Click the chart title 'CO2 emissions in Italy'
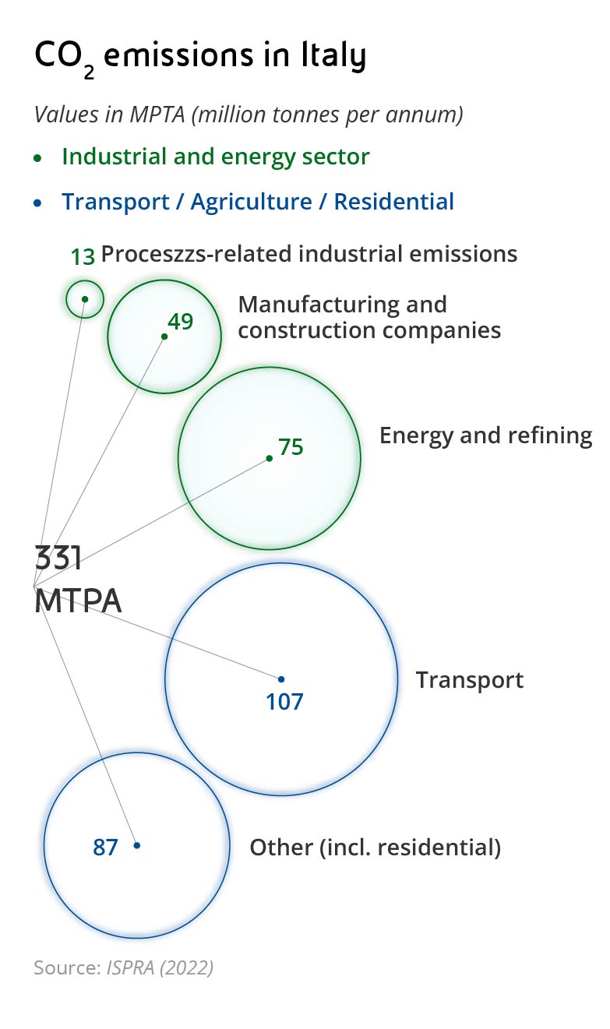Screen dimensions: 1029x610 pyautogui.click(x=199, y=58)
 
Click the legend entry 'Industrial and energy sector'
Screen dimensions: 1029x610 pyautogui.click(x=215, y=157)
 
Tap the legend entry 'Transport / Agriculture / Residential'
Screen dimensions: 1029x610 pyautogui.click(x=257, y=202)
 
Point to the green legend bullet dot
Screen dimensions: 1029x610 pyautogui.click(x=38, y=157)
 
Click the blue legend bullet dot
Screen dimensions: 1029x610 pyautogui.click(x=38, y=203)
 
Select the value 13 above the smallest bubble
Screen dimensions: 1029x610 pyautogui.click(x=82, y=256)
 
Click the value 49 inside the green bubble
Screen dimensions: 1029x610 pyautogui.click(x=180, y=321)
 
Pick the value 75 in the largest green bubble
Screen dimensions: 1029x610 pyautogui.click(x=291, y=447)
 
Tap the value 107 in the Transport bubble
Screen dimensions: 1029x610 pyautogui.click(x=284, y=701)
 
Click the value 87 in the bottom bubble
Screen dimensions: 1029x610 pyautogui.click(x=105, y=847)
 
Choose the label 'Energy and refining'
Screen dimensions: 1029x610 pyautogui.click(x=485, y=435)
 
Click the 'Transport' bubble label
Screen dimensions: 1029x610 pyautogui.click(x=469, y=680)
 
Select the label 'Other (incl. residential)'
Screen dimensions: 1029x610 pyautogui.click(x=375, y=847)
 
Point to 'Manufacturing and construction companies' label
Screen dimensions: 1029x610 pyautogui.click(x=368, y=317)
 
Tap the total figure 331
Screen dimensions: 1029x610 pyautogui.click(x=58, y=559)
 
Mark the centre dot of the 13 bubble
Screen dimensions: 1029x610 pyautogui.click(x=85, y=299)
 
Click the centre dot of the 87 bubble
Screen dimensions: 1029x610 pyautogui.click(x=137, y=845)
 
